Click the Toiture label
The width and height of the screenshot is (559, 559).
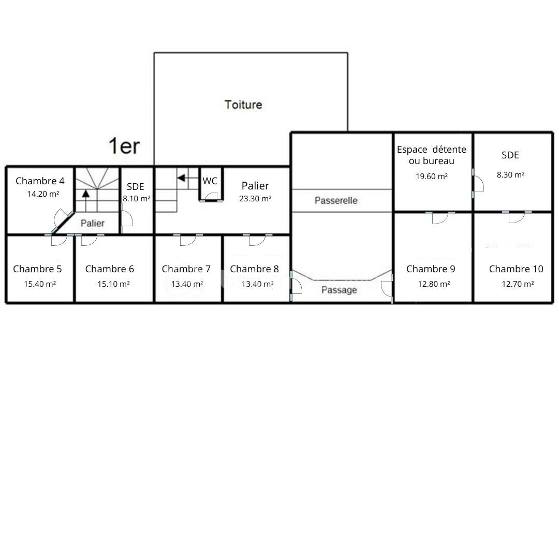click(243, 105)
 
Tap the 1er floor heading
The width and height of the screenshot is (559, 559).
click(124, 146)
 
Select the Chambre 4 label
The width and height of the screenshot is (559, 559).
click(40, 181)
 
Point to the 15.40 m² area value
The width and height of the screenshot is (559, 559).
click(40, 284)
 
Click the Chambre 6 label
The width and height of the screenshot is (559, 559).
click(109, 269)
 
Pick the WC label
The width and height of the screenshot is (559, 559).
click(210, 181)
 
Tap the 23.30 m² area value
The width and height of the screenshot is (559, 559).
click(255, 199)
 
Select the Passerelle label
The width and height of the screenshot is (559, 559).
click(336, 200)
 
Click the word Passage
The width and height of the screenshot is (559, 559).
click(339, 290)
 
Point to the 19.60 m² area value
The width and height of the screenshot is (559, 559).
click(432, 176)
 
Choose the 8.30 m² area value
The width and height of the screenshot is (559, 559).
click(510, 175)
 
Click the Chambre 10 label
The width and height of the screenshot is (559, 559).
click(516, 269)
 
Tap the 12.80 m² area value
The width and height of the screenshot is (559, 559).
click(434, 284)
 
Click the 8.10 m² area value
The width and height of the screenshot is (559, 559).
click(137, 199)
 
